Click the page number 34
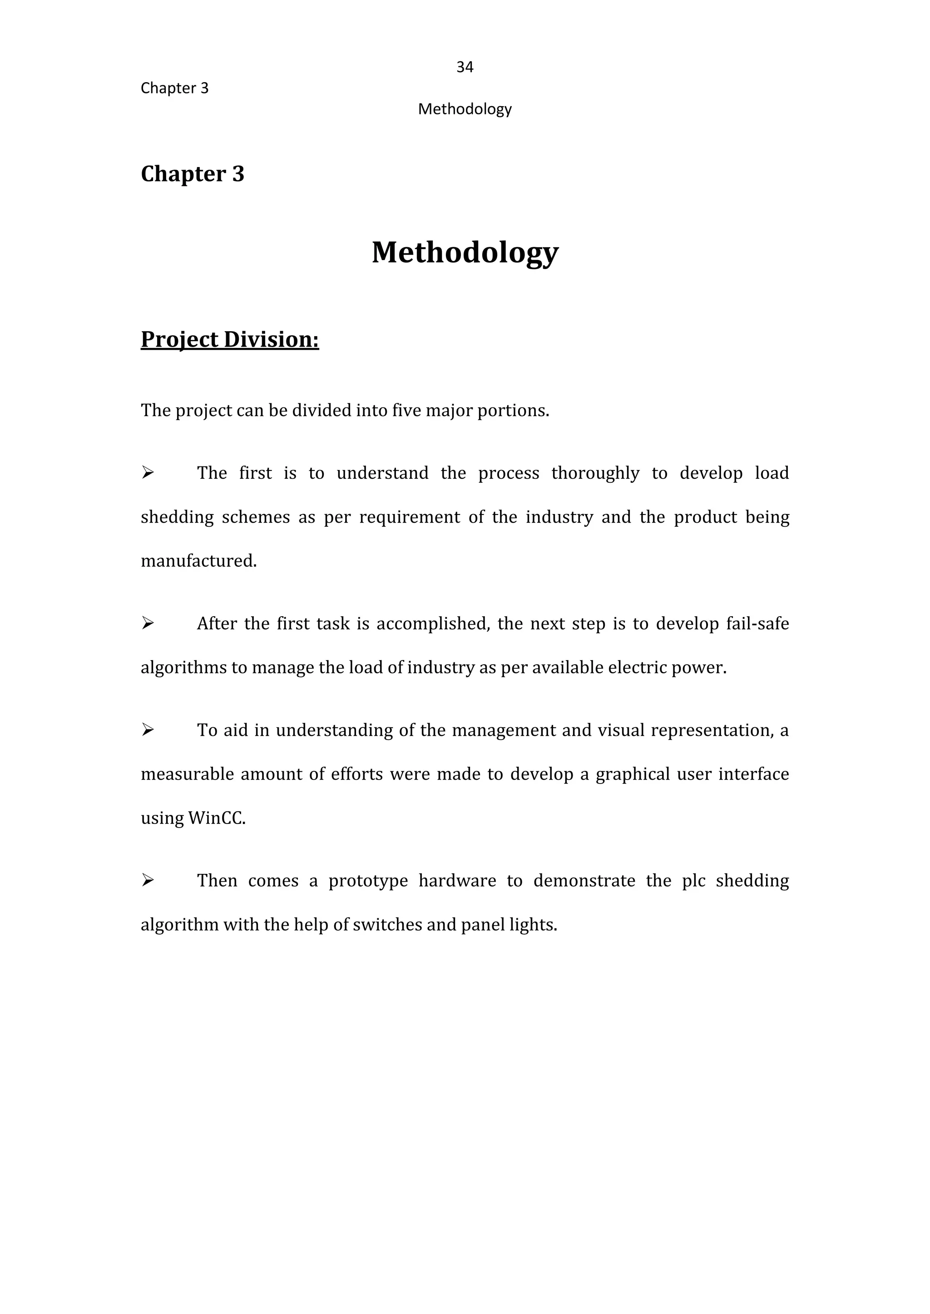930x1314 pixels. [465, 68]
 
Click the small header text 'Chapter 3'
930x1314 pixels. [175, 88]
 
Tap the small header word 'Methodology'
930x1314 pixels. [465, 109]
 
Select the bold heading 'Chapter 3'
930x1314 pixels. [193, 174]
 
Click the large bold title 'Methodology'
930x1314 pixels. [465, 252]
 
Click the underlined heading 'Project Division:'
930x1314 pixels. [230, 339]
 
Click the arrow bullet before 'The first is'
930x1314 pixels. [148, 473]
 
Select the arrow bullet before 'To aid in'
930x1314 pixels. [148, 730]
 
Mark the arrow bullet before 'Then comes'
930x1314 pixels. [148, 880]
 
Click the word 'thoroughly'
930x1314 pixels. [595, 473]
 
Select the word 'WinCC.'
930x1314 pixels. [217, 819]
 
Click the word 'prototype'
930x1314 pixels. [368, 881]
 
